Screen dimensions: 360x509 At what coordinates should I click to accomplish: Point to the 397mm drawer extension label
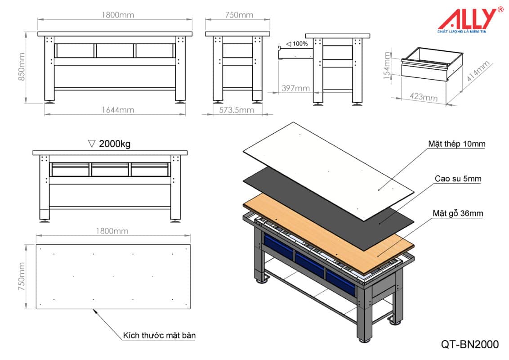click(x=295, y=88)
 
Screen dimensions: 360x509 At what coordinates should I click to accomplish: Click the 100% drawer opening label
click(x=297, y=44)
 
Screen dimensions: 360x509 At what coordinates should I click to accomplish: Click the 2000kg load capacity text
click(x=110, y=144)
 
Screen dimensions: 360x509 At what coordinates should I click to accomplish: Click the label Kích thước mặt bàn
click(x=159, y=335)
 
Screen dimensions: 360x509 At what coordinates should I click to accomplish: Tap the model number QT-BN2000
click(x=470, y=344)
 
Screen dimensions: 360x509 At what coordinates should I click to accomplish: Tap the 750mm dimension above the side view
click(x=239, y=15)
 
